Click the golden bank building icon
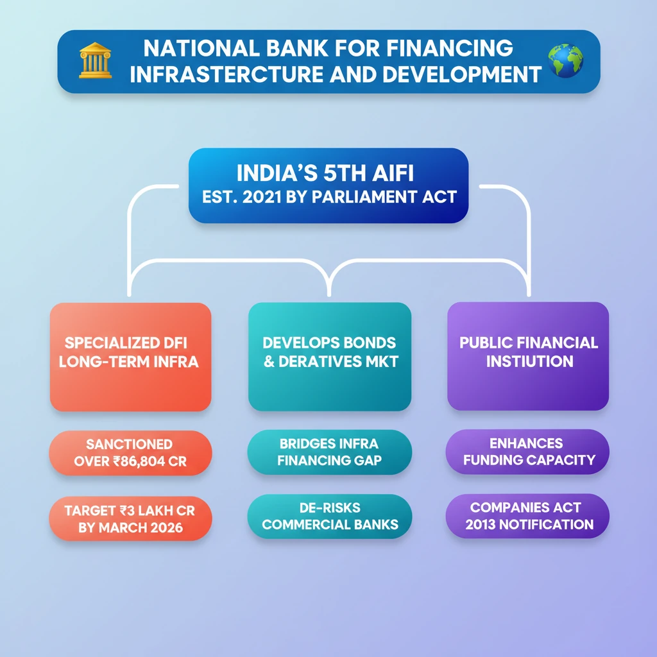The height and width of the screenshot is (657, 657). pyautogui.click(x=96, y=60)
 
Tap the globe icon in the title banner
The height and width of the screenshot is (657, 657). pyautogui.click(x=566, y=61)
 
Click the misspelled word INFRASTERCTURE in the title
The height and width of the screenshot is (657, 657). pyautogui.click(x=226, y=74)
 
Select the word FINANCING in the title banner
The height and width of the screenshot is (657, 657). pyautogui.click(x=450, y=47)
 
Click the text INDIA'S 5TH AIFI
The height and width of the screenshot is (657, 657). pyautogui.click(x=325, y=173)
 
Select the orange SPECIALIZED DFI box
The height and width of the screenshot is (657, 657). pyautogui.click(x=130, y=357)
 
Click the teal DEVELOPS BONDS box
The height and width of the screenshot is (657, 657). pyautogui.click(x=330, y=357)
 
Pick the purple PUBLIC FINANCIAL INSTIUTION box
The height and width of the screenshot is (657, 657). pyautogui.click(x=528, y=356)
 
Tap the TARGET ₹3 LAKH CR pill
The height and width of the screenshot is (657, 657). pyautogui.click(x=130, y=518)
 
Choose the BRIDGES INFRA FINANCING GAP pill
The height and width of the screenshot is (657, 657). pyautogui.click(x=330, y=452)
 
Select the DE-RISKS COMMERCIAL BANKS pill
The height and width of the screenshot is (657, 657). pyautogui.click(x=330, y=516)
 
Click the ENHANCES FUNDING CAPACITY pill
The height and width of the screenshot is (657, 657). pyautogui.click(x=527, y=452)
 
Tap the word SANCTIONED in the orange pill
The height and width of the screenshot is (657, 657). pyautogui.click(x=129, y=444)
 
